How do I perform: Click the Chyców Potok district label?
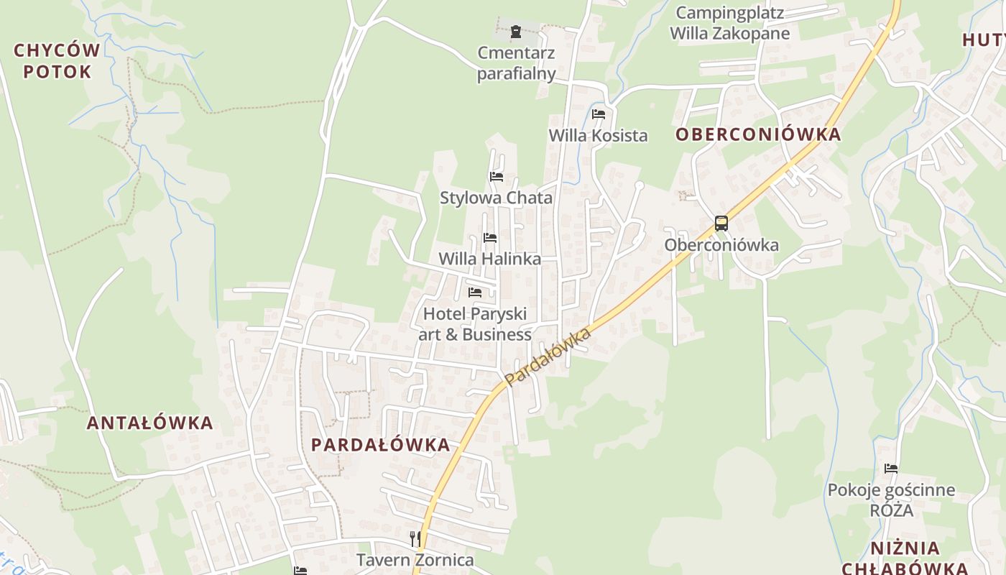(57, 61)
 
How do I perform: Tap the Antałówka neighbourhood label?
(150, 423)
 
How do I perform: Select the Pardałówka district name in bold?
(380, 445)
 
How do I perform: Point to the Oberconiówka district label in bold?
(757, 134)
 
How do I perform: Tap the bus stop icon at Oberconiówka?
(721, 224)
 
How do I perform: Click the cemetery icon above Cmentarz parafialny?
(515, 32)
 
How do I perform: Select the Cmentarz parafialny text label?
(517, 63)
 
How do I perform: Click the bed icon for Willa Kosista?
(599, 114)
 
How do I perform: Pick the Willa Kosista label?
(598, 135)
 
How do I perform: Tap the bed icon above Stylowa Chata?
(496, 176)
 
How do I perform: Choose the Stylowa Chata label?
(496, 198)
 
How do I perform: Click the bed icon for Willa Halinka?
(490, 237)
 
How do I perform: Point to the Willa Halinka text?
(489, 259)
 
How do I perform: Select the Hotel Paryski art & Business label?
(475, 324)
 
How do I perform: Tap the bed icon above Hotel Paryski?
(475, 292)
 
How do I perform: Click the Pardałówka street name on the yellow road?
(548, 356)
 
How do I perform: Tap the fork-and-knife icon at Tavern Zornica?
(415, 538)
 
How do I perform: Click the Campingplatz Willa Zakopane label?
(729, 23)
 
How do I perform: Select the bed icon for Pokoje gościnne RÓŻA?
(891, 468)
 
